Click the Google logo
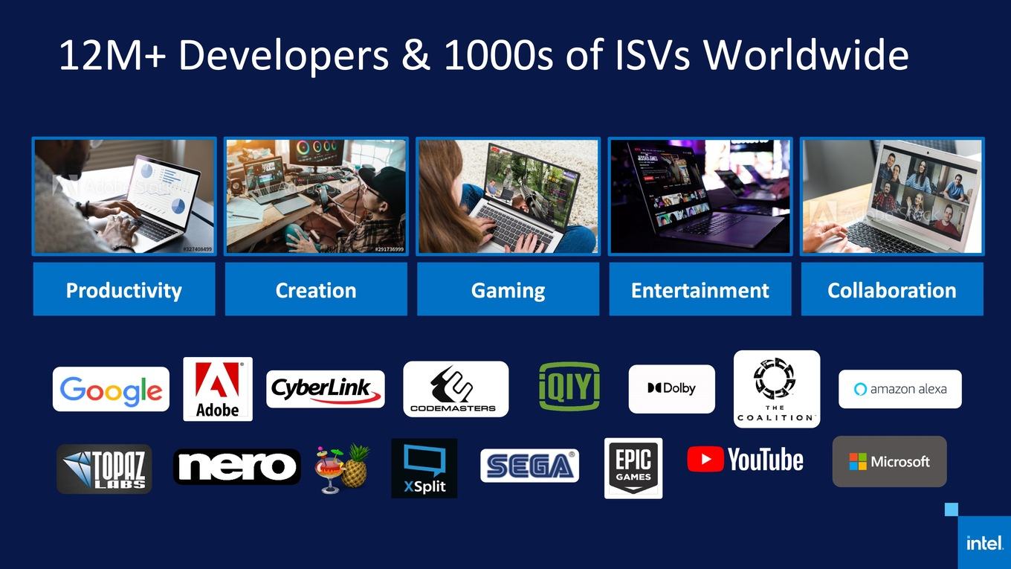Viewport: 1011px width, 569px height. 111,389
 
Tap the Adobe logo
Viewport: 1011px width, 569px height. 218,389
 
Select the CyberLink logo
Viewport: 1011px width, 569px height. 326,389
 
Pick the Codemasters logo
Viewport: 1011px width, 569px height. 456,389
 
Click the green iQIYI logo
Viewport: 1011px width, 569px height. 569,386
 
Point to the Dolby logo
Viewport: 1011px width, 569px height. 671,389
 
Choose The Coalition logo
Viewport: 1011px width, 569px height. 777,389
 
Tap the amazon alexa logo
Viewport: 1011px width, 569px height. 900,389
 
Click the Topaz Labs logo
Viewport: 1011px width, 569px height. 104,469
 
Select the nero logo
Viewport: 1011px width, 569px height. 237,466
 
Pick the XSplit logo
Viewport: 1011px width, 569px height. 424,469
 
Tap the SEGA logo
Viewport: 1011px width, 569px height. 530,466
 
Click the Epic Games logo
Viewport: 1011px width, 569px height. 633,469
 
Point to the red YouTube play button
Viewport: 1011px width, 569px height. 705,459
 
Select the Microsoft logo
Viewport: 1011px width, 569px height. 890,461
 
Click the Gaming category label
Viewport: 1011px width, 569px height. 508,289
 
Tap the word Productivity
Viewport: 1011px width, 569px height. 123,290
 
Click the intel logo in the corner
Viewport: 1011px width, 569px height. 985,543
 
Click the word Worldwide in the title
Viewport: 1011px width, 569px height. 806,55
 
